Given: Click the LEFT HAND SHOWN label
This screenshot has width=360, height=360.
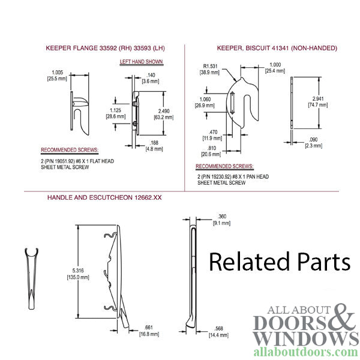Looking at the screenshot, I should click(x=142, y=62).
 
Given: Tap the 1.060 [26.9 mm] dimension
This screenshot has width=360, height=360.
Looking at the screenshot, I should click(x=204, y=101).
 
